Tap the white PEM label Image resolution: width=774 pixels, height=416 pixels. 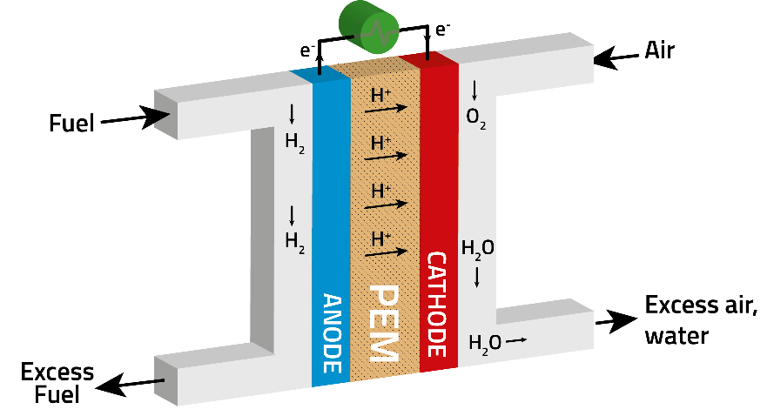point(384,323)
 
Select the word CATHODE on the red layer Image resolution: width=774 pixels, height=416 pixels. point(438,304)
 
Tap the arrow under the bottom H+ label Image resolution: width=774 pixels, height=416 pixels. point(387,252)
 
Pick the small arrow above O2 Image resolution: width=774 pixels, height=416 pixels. point(474,90)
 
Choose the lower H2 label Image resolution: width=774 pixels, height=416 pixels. point(295,242)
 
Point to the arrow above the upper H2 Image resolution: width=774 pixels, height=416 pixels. point(292,113)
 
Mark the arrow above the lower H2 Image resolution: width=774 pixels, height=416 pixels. point(292,215)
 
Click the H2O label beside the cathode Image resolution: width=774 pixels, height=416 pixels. point(478,249)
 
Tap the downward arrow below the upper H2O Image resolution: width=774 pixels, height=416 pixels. point(477,277)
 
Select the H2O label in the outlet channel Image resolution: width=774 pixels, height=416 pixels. point(485,343)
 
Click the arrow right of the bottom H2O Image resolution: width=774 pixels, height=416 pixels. point(516,340)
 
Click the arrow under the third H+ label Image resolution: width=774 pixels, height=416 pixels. point(387,205)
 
